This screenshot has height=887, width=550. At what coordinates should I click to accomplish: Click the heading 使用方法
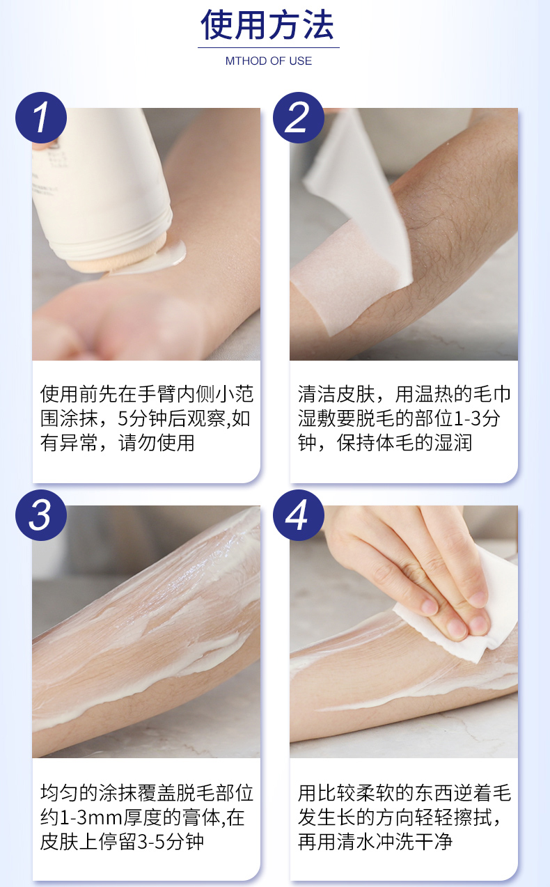pos(268,25)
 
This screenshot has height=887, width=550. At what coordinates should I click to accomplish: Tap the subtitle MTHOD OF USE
pos(269,61)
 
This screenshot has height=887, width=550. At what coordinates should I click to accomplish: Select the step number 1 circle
pos(41,118)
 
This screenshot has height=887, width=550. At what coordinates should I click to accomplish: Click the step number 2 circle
pos(299,118)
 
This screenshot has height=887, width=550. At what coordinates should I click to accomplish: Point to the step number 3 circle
pos(41,515)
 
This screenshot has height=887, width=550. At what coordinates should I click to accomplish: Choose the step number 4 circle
pos(299,515)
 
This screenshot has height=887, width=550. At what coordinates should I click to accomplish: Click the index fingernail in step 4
pos(430,606)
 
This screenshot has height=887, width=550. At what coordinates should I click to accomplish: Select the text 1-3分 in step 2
pos(477,418)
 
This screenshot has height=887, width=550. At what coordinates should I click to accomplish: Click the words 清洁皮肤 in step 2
pos(336,394)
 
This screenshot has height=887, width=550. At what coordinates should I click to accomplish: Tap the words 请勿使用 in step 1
pos(157,443)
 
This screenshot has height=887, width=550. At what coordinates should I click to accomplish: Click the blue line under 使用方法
pos(269,48)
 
